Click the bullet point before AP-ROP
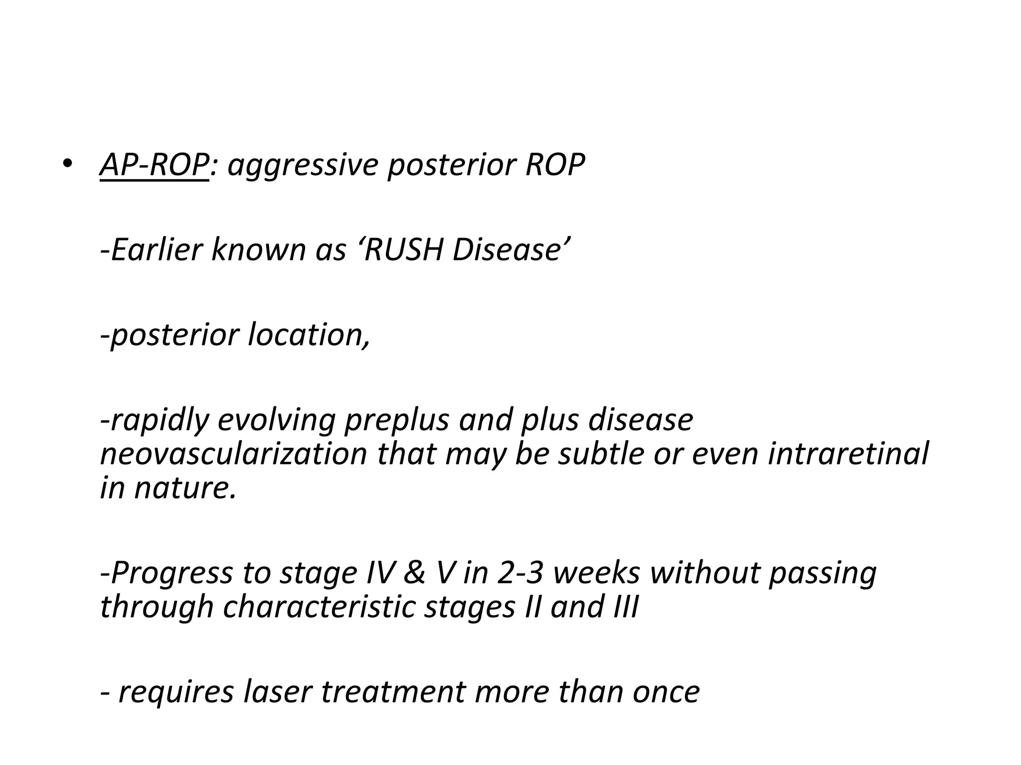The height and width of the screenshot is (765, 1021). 68,164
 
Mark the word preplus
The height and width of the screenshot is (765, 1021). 397,421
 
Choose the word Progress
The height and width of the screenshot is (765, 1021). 167,574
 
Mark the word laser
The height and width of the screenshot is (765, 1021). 277,692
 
